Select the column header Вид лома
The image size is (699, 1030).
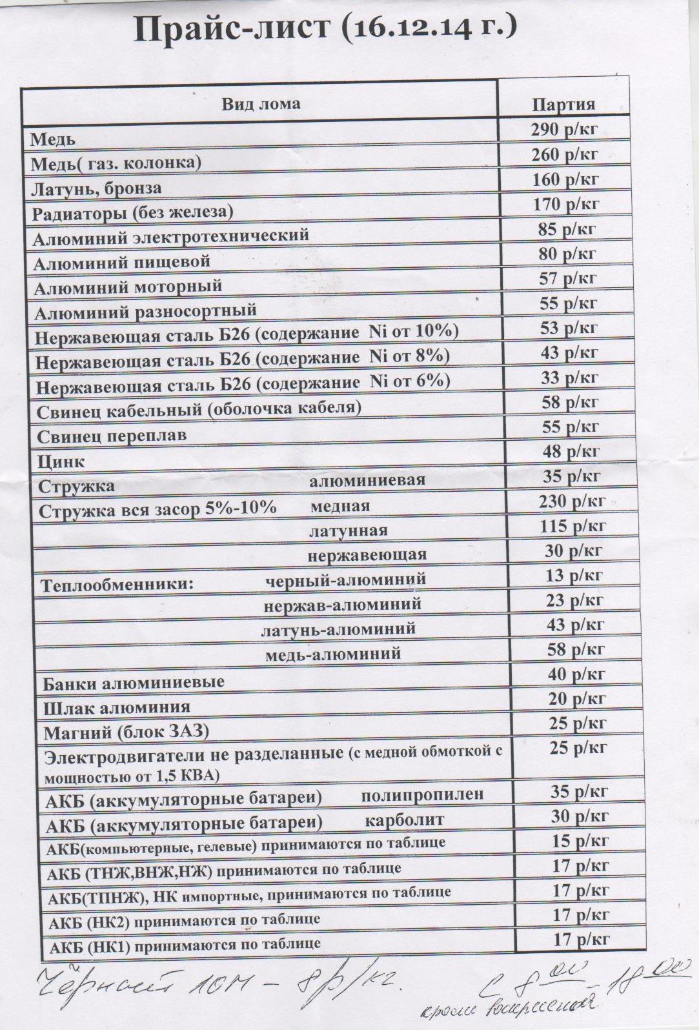261,104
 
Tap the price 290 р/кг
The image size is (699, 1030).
564,130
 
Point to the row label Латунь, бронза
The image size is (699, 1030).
96,188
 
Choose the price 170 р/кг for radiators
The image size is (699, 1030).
566,205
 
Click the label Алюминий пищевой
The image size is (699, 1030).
122,262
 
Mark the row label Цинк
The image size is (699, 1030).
61,461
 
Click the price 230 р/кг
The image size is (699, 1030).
572,501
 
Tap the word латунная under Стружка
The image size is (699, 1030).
349,530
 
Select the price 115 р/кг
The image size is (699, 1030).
572,526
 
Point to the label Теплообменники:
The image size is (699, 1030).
118,585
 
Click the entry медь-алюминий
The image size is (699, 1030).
333,654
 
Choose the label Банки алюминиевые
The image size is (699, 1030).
134,682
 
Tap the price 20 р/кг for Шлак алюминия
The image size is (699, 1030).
576,698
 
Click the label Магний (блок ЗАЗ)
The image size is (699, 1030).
127,732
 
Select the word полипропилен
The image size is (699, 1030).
422,794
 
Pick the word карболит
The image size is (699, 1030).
405,820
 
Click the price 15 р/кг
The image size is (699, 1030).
579,841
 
